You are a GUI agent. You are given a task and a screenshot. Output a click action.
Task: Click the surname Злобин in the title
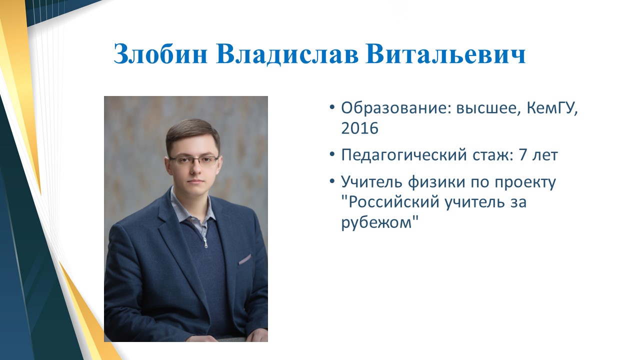click(x=160, y=54)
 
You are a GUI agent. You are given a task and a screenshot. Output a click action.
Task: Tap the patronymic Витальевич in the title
click(x=445, y=54)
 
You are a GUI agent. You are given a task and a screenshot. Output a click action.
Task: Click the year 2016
click(x=359, y=128)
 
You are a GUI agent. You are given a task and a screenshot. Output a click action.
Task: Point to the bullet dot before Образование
click(x=331, y=107)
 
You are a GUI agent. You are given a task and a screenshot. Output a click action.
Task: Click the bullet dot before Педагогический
click(x=331, y=154)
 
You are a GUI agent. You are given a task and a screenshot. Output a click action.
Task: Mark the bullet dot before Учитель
click(x=331, y=181)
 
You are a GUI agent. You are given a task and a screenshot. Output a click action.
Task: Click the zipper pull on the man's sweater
click(x=205, y=243)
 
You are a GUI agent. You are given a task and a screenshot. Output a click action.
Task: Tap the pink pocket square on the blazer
click(x=245, y=259)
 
